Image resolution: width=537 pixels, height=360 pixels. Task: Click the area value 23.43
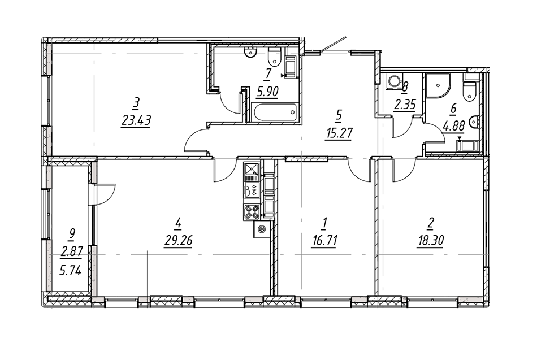coord(135,120)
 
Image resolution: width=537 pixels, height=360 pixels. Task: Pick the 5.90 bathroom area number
coord(267,92)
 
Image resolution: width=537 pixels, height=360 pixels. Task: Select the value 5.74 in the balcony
coord(70,270)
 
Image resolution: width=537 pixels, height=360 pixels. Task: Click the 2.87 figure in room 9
coord(72,251)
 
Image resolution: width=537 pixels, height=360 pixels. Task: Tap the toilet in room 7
coord(274,57)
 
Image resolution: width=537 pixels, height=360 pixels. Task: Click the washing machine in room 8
coord(392,83)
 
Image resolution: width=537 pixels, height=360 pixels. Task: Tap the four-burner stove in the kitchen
coord(252,212)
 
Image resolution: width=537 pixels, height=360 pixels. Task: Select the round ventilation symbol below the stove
coord(261,229)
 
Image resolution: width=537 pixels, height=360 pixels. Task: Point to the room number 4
coord(179,224)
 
